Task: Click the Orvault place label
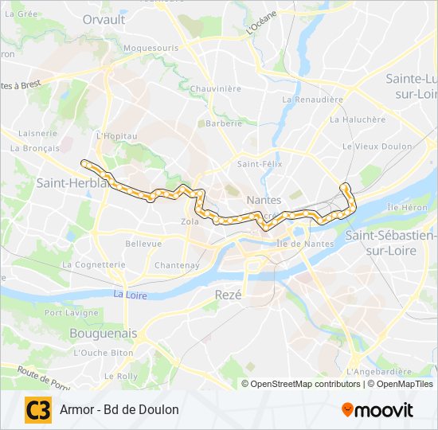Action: point(104,18)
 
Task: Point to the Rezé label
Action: point(228,294)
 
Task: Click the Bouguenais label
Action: point(104,333)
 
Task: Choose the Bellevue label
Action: point(143,244)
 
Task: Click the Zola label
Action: point(190,221)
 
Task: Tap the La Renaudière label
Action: point(312,100)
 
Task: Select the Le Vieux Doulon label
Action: point(377,147)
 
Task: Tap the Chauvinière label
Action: point(215,88)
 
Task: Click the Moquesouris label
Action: point(151,48)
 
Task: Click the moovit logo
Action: point(377,410)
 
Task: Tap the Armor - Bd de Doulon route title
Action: point(119,410)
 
